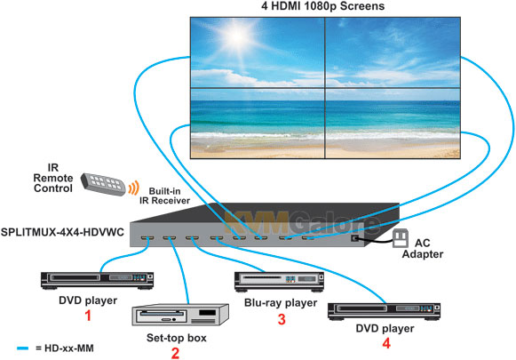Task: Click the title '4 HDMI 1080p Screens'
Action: pyautogui.click(x=322, y=6)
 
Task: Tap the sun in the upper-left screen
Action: pyautogui.click(x=238, y=36)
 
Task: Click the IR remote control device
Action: pyautogui.click(x=103, y=184)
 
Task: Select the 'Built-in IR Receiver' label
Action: pyautogui.click(x=164, y=196)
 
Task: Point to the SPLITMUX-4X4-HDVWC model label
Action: pyautogui.click(x=62, y=232)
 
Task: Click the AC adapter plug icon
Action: pyautogui.click(x=401, y=238)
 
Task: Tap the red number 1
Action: pyautogui.click(x=88, y=316)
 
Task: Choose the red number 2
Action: pyautogui.click(x=175, y=353)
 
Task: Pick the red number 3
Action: pyautogui.click(x=282, y=319)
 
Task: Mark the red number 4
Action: pyautogui.click(x=386, y=343)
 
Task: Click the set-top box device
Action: pyautogui.click(x=180, y=315)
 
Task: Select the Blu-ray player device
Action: pyautogui.click(x=279, y=282)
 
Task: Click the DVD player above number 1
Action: pyautogui.click(x=97, y=281)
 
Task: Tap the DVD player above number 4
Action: pyautogui.click(x=384, y=311)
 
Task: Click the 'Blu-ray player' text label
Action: pyautogui.click(x=281, y=303)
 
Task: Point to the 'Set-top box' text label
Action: pyautogui.click(x=177, y=338)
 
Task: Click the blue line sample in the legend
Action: pyautogui.click(x=23, y=348)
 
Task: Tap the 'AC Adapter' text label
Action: pyautogui.click(x=423, y=248)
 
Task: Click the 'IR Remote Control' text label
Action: pyautogui.click(x=53, y=178)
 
